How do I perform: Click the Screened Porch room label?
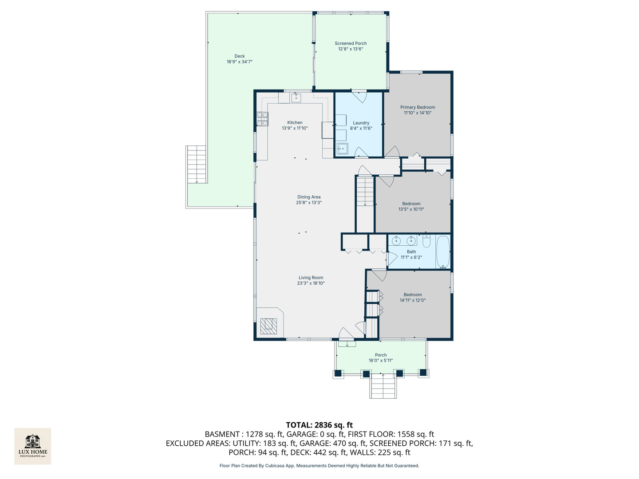[351, 43]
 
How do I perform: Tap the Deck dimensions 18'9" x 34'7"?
[239, 62]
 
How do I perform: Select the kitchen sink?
[296, 98]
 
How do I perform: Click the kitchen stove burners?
[262, 119]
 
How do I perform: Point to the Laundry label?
[361, 123]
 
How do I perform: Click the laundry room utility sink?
[342, 149]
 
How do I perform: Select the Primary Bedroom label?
[418, 107]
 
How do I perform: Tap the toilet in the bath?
[426, 241]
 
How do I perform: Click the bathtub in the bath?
[443, 252]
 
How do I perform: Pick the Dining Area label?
[308, 197]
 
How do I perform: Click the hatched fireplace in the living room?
[268, 326]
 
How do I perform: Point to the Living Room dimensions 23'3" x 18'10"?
[311, 283]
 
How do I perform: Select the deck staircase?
[197, 164]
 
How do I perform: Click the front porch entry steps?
[383, 386]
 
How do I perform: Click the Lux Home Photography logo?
[32, 446]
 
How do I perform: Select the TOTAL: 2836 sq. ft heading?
[319, 425]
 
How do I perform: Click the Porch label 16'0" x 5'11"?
[380, 358]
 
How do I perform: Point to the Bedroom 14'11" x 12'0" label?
[413, 298]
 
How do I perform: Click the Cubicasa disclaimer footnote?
[319, 466]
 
